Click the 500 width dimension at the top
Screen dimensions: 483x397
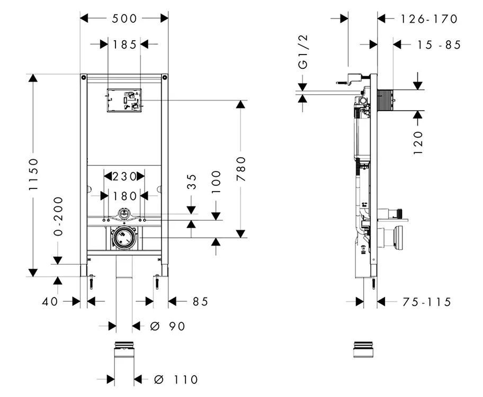(124, 19)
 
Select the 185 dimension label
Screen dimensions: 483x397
(124, 44)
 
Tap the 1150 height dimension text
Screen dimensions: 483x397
(33, 174)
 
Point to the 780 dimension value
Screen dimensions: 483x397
(241, 169)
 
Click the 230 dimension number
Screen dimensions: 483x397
(124, 176)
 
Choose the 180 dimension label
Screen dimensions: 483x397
(124, 196)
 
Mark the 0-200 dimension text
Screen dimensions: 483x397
(58, 216)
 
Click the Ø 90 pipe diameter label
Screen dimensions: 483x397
(168, 326)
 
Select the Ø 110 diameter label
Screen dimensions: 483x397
(176, 380)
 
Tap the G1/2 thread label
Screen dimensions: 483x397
(303, 52)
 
